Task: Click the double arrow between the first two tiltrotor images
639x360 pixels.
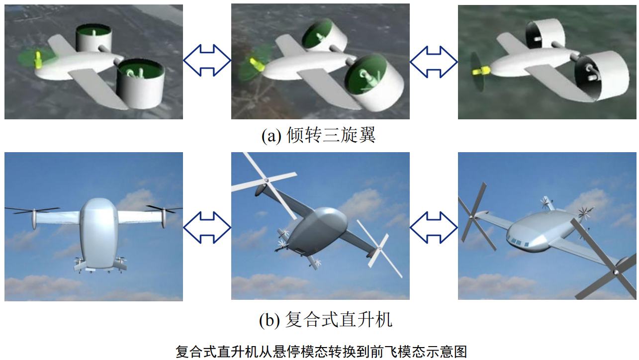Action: point(207,60)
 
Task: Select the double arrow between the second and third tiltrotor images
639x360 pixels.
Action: point(434,62)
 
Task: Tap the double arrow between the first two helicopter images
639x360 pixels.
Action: point(207,227)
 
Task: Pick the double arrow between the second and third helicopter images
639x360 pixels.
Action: point(434,227)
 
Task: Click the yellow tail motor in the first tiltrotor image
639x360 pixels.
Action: point(38,60)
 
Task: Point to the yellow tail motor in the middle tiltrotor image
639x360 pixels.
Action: point(257,65)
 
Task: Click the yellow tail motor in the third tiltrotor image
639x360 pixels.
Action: point(480,71)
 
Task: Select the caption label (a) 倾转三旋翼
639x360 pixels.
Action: point(318,135)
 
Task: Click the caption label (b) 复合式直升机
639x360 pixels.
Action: point(326,320)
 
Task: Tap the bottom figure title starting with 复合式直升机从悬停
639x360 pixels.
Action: point(321,352)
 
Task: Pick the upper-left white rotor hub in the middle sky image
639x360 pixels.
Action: point(266,180)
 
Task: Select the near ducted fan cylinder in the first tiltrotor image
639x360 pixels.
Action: point(141,84)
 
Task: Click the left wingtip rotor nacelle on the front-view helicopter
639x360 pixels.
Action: point(34,219)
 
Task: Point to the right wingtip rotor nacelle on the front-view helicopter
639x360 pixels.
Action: point(164,218)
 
